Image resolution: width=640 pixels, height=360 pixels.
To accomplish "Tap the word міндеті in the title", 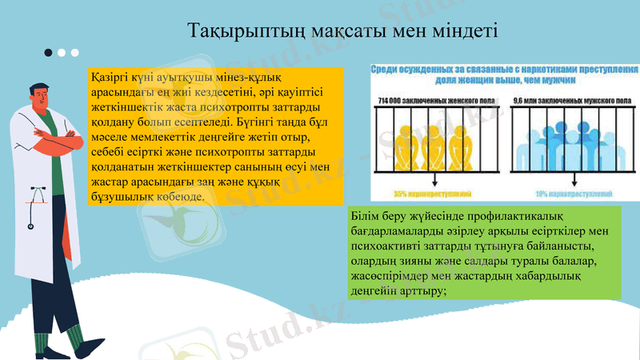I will click(467, 32).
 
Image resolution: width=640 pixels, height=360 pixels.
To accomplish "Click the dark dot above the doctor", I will click(49, 53).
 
